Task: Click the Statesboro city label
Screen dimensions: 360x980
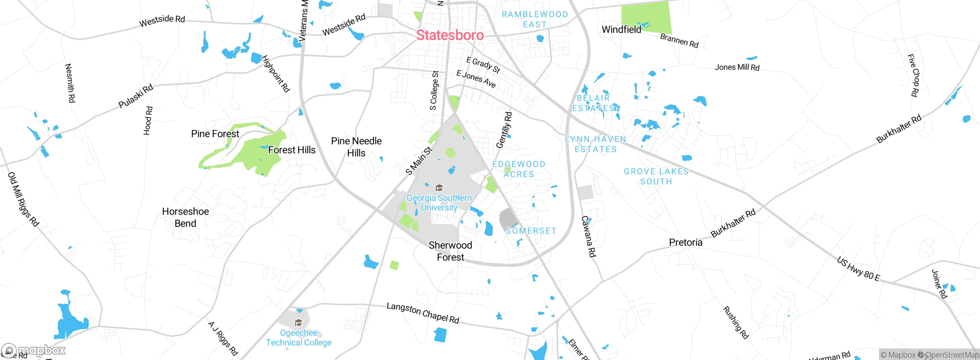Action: [x=450, y=35]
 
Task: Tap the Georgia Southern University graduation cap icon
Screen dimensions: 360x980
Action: [x=439, y=188]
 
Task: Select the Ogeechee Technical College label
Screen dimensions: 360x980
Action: [x=299, y=338]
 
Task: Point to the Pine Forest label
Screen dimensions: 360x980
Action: [x=215, y=134]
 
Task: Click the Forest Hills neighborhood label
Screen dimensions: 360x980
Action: [x=292, y=150]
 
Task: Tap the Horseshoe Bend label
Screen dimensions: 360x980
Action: [x=185, y=217]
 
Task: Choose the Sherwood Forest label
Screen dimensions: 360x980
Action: [x=450, y=251]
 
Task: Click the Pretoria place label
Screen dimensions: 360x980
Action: [x=686, y=242]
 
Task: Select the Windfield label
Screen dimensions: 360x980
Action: [x=621, y=29]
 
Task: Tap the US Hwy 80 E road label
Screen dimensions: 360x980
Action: [x=858, y=269]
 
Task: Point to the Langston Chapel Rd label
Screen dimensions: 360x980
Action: [x=423, y=313]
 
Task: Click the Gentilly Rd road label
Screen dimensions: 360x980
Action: [x=504, y=130]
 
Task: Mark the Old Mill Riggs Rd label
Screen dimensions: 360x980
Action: [x=23, y=199]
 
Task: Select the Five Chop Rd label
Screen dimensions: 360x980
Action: [x=913, y=75]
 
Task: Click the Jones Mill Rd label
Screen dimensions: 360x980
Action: [x=737, y=67]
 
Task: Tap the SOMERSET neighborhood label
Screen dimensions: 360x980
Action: [x=531, y=231]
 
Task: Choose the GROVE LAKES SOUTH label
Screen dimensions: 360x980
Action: [x=656, y=177]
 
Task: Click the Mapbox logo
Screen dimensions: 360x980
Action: [x=34, y=350]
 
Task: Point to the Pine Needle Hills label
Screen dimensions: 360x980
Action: [x=356, y=147]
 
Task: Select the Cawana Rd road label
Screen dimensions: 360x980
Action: [x=588, y=236]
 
